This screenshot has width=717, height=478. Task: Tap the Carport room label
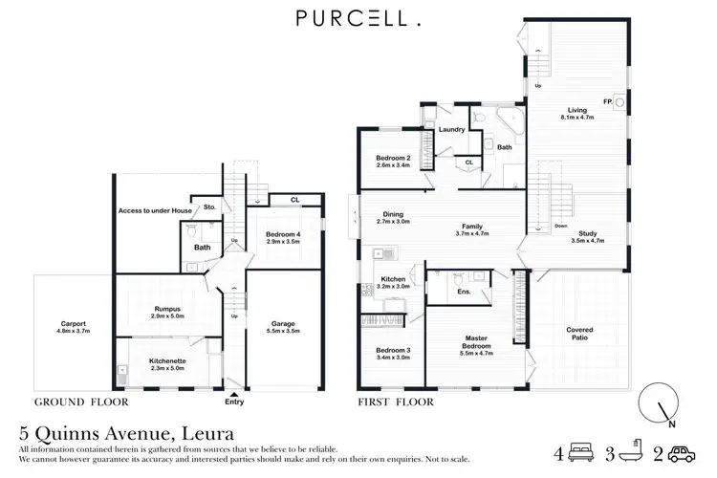[74, 324]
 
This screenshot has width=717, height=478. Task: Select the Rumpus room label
[169, 308]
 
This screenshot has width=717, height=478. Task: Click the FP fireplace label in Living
[606, 101]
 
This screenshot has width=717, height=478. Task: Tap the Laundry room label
[452, 129]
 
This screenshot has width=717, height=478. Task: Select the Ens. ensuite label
[464, 291]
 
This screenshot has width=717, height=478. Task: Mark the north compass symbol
[658, 402]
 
